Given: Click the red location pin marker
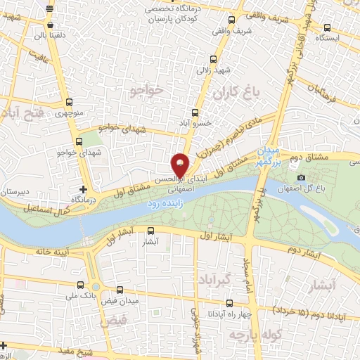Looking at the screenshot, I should coord(181,165).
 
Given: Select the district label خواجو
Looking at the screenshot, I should coord(146,89).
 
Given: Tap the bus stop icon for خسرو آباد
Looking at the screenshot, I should coord(196,112).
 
